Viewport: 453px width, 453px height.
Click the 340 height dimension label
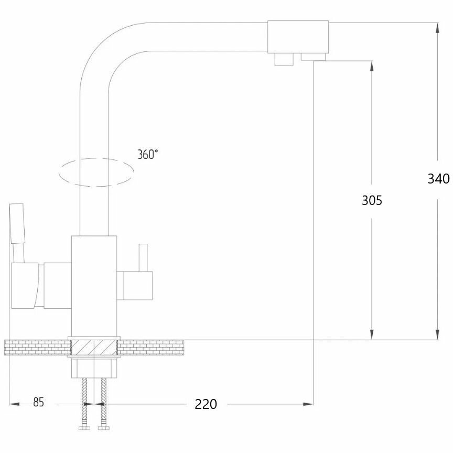click(x=438, y=179)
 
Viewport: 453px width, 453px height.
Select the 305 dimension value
click(x=372, y=200)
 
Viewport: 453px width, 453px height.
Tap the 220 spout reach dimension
click(x=206, y=404)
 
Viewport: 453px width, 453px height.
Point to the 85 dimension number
click(x=38, y=403)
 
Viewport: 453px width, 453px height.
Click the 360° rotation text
click(x=148, y=154)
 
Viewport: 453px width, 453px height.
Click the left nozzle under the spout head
click(x=284, y=59)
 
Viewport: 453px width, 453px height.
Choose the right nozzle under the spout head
click(x=313, y=56)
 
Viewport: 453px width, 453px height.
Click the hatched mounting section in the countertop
click(x=93, y=348)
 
